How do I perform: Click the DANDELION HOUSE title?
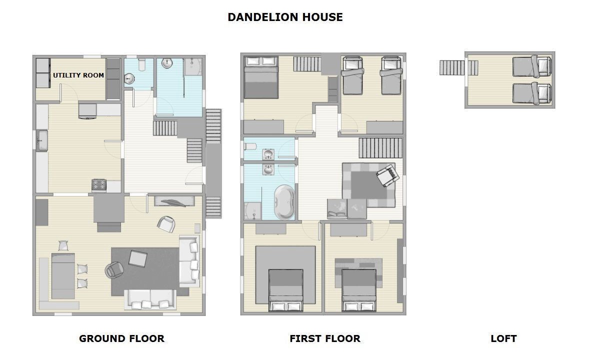[x=285, y=17]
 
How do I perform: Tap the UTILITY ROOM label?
[x=78, y=75]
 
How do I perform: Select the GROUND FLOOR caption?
[x=121, y=338]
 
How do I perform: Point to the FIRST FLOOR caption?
[x=325, y=338]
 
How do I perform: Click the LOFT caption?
[x=503, y=338]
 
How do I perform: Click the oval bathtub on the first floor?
[x=284, y=202]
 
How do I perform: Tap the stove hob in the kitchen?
[x=99, y=185]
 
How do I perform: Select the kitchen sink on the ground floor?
[x=42, y=140]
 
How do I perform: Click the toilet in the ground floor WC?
[x=141, y=64]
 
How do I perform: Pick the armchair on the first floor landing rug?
[x=387, y=175]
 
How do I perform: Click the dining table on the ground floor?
[x=63, y=276]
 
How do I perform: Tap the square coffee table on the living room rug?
[x=138, y=258]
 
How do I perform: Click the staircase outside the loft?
[x=458, y=68]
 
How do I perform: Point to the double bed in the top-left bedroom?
[x=261, y=77]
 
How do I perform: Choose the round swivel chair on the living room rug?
[x=114, y=270]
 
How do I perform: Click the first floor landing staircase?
[x=380, y=148]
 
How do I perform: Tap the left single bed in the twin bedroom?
[x=353, y=75]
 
